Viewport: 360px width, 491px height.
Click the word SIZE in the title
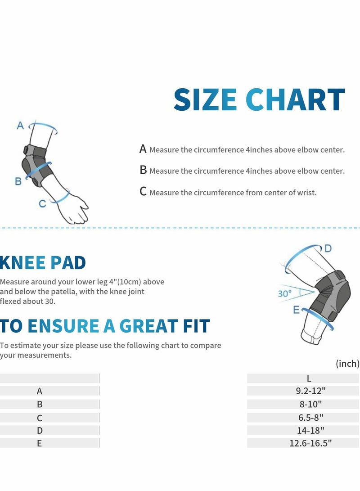click(205, 100)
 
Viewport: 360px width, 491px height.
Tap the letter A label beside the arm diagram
click(20, 126)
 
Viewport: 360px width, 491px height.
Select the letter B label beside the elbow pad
click(18, 181)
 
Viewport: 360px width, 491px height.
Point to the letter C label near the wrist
click(42, 204)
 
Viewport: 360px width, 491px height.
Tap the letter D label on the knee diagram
click(328, 248)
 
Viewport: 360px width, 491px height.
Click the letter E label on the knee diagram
click(296, 310)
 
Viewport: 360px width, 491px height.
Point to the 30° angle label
click(284, 293)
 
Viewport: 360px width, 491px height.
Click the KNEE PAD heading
click(43, 262)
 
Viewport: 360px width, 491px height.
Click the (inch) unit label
click(347, 363)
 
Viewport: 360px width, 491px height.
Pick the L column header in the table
click(309, 378)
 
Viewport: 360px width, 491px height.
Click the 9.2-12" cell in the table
click(309, 392)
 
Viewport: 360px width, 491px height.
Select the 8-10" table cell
click(309, 405)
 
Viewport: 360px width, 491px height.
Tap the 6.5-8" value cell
click(309, 418)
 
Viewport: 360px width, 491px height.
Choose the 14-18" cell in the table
click(309, 430)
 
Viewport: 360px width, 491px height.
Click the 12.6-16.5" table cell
click(310, 443)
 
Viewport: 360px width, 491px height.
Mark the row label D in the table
click(40, 430)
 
